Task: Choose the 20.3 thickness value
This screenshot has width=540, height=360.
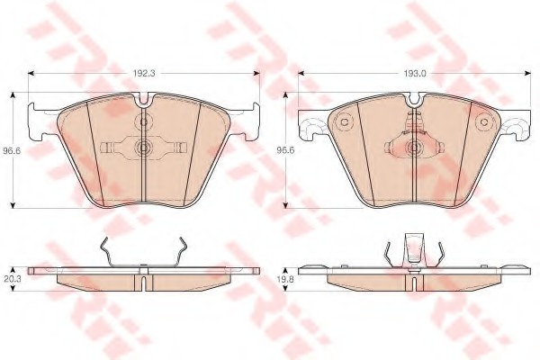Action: pos(12,280)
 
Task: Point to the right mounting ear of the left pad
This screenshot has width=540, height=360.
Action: pos(248,121)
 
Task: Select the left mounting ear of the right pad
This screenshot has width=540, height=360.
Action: pos(311,127)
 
